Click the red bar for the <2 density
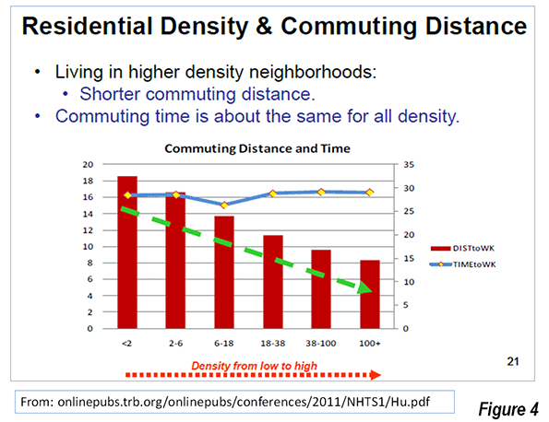tap(127, 252)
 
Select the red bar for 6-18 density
tap(224, 273)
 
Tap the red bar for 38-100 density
tap(321, 289)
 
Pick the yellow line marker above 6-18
tap(224, 205)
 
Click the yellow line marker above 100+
tap(370, 193)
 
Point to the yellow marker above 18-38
tap(273, 193)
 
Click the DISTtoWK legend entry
tap(462, 248)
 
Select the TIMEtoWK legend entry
tap(463, 264)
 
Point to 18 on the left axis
tap(89, 181)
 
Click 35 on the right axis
tap(409, 164)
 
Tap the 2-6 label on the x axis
tap(175, 344)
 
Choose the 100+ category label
tap(370, 344)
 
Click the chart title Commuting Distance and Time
tap(257, 148)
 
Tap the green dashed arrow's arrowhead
tap(364, 288)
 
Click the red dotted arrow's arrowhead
tap(376, 375)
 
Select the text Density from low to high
tap(254, 366)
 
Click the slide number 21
tap(513, 361)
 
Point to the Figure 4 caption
tap(508, 409)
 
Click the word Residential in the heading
tap(88, 26)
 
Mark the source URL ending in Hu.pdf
tap(225, 402)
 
